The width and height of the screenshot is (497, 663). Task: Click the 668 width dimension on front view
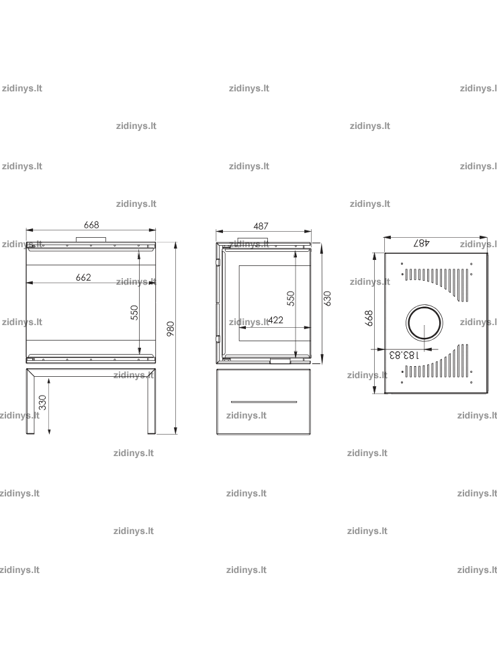(91, 224)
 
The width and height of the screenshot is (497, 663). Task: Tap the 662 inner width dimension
(83, 277)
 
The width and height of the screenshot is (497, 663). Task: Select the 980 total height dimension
(171, 328)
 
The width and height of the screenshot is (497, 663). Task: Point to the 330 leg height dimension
(43, 402)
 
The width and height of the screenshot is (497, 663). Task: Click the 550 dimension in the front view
(134, 312)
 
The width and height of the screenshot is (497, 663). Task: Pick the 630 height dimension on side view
(327, 298)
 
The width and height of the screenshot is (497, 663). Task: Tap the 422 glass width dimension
(275, 320)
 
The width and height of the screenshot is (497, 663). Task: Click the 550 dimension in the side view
(290, 298)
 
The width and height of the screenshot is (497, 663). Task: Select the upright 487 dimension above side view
(261, 226)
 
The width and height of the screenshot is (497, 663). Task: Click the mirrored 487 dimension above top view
(422, 242)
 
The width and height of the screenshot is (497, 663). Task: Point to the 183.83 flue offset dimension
(404, 354)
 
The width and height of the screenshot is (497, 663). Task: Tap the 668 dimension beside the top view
(369, 318)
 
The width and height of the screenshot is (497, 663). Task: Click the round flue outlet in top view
(424, 323)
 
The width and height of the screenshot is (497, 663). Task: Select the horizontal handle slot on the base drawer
(264, 402)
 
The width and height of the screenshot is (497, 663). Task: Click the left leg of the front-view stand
(30, 401)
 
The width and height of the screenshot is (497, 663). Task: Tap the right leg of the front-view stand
(151, 401)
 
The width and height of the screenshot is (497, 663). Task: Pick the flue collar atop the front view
(91, 240)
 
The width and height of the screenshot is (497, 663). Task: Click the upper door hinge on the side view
(218, 262)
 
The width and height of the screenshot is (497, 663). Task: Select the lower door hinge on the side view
(218, 339)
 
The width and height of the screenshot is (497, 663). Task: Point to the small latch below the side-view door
(281, 361)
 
